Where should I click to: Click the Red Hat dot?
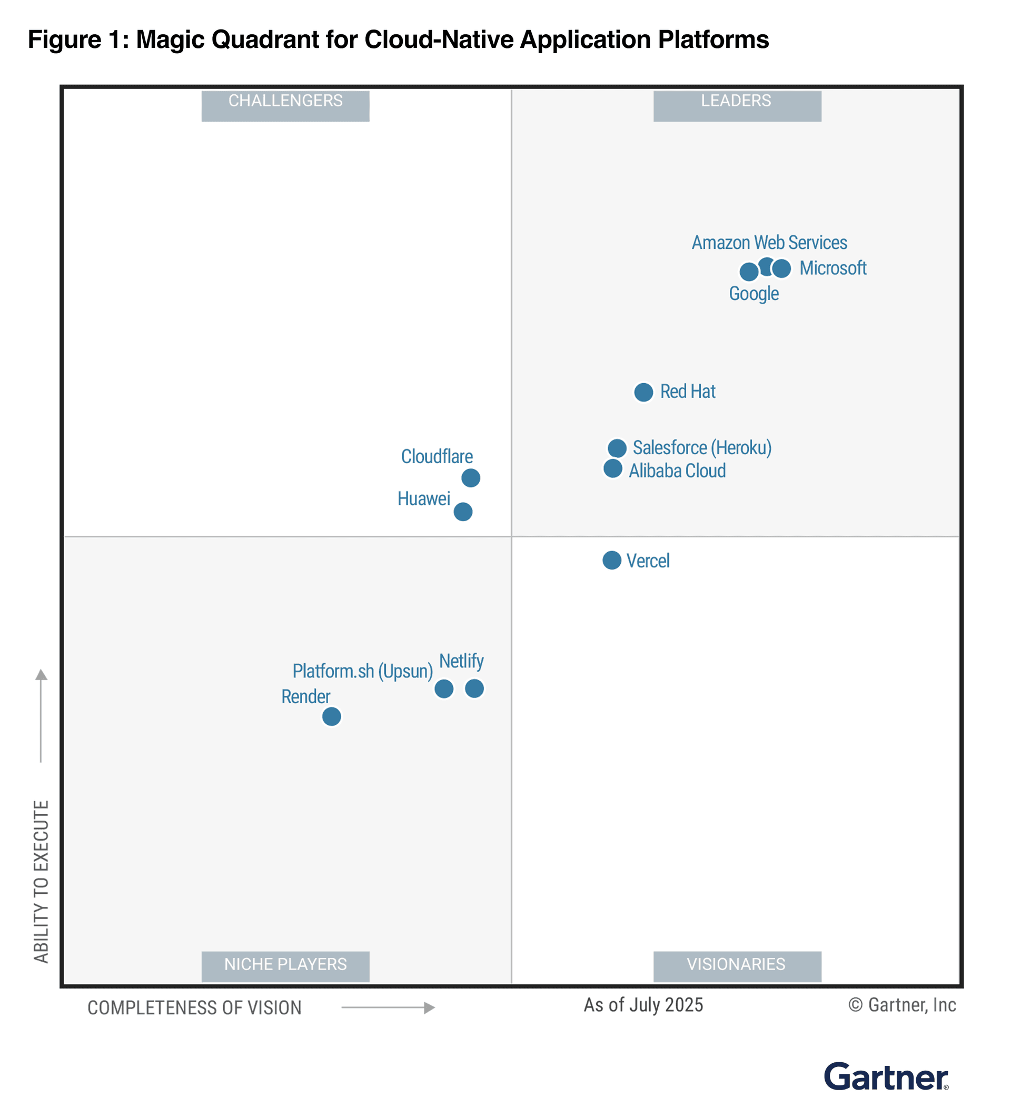(x=643, y=392)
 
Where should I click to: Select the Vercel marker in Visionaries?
(x=611, y=560)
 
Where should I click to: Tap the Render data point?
(x=331, y=716)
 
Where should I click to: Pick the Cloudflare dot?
(x=471, y=477)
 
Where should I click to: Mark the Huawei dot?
(x=463, y=511)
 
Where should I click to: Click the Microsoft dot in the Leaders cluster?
(x=782, y=268)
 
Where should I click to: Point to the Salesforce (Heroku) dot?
(x=617, y=447)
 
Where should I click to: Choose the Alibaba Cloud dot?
(x=612, y=468)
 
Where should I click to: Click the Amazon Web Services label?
(x=769, y=243)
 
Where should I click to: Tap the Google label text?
(x=754, y=293)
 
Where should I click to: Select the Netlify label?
(x=461, y=661)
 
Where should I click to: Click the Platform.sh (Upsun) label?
(x=362, y=671)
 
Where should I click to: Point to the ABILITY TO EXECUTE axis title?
(x=41, y=882)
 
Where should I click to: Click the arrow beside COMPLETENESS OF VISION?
(x=388, y=1007)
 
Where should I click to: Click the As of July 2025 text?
(x=643, y=1005)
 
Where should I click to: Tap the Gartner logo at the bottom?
(x=886, y=1077)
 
